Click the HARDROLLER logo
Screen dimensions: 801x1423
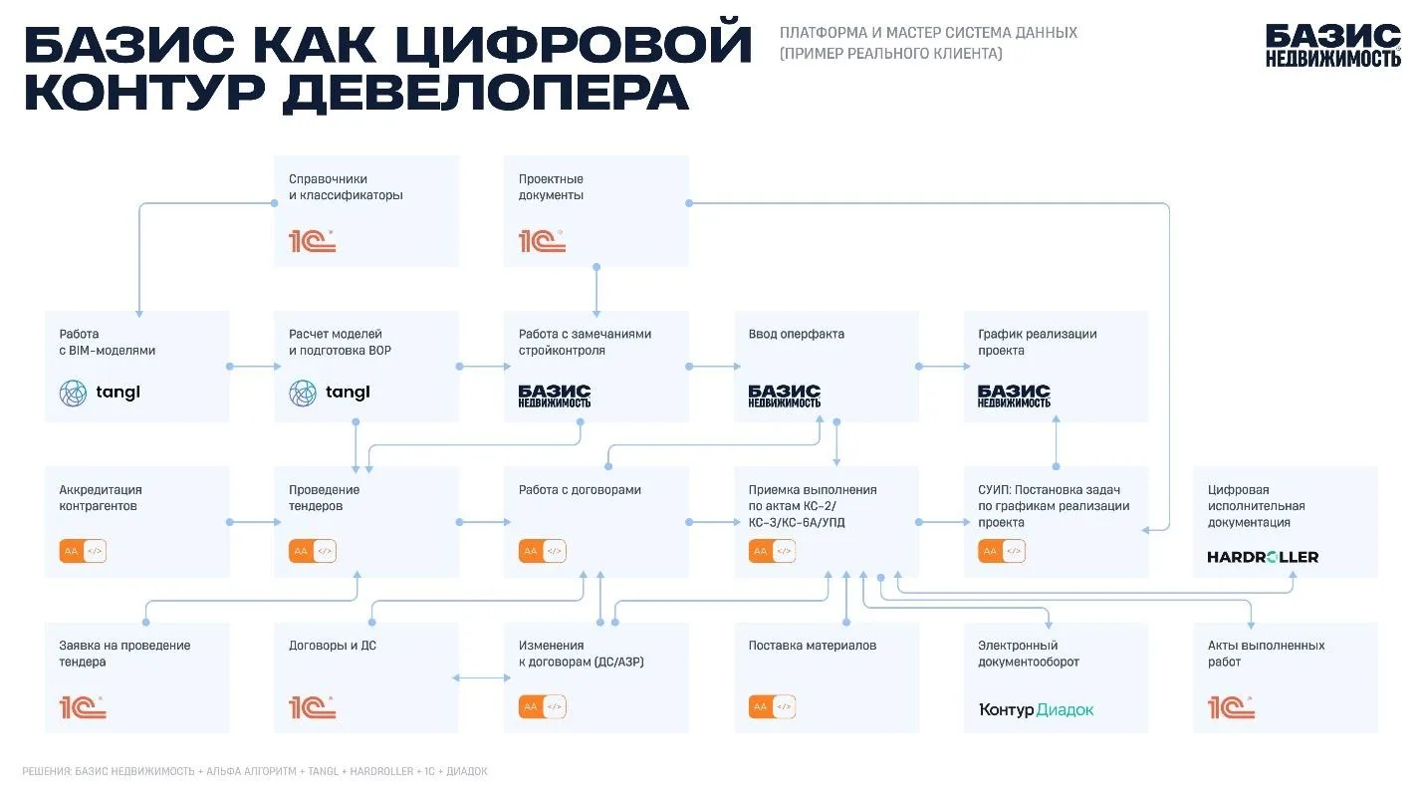point(1262,557)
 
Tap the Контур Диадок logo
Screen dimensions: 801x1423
point(1036,709)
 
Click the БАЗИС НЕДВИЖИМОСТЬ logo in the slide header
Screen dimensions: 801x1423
point(1332,46)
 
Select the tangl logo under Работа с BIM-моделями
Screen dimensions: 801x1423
point(100,393)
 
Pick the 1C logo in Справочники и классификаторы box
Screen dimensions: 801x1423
point(312,240)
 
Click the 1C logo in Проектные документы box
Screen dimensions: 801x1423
point(542,240)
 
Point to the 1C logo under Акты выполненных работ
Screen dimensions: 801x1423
point(1231,708)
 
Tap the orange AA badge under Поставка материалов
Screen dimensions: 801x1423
point(760,706)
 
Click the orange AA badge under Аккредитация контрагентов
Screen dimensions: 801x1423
point(71,551)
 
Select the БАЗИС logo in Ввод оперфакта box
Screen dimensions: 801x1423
point(784,396)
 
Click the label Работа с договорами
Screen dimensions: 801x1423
point(580,490)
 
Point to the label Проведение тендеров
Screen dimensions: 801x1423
point(324,498)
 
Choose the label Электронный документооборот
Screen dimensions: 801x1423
point(1028,654)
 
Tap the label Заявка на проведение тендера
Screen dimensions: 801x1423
point(124,654)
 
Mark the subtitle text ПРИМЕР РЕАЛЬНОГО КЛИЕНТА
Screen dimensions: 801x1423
point(891,54)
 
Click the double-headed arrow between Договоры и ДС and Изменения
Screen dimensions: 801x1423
point(481,678)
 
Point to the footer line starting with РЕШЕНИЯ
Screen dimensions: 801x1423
point(255,771)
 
